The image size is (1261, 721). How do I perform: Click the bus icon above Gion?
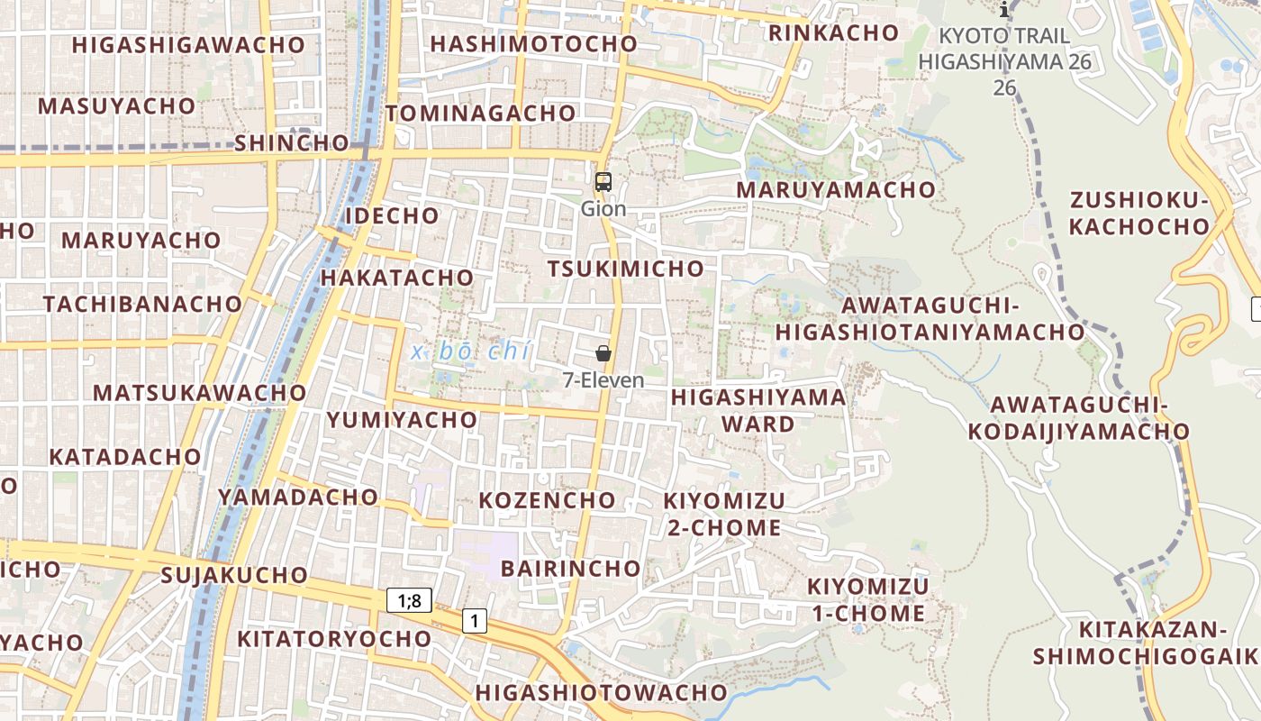[x=603, y=182]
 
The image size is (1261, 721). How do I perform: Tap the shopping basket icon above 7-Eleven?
[x=603, y=354]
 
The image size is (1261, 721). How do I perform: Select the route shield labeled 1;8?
[x=410, y=600]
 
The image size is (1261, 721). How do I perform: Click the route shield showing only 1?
[x=474, y=620]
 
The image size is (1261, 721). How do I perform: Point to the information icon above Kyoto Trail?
[x=1005, y=11]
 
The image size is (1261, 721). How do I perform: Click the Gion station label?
[x=603, y=209]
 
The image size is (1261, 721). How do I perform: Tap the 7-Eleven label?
[x=603, y=380]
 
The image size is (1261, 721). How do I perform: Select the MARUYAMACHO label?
[x=836, y=190]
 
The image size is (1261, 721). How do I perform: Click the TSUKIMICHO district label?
[x=626, y=269]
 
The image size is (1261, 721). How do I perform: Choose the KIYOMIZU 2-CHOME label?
[x=724, y=514]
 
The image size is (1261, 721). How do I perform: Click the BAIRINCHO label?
[x=570, y=569]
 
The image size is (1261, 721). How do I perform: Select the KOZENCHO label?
[x=547, y=500]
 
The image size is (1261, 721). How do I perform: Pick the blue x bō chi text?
[x=470, y=351]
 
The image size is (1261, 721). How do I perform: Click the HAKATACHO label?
[x=396, y=278]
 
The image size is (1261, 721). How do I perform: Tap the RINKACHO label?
[x=833, y=33]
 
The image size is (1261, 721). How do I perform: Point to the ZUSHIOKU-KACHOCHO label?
[x=1139, y=213]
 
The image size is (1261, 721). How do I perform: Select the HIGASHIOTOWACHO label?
[x=601, y=692]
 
